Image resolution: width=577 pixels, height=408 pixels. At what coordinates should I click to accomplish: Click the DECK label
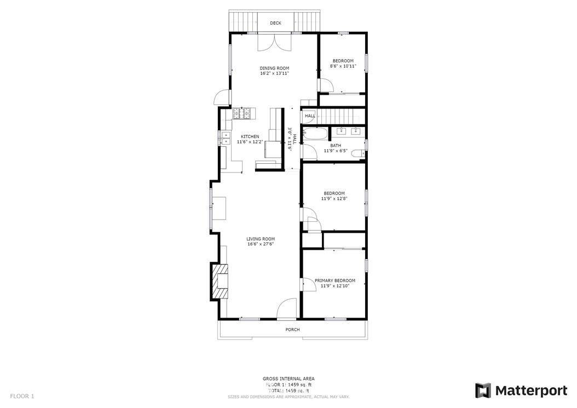[x=275, y=23]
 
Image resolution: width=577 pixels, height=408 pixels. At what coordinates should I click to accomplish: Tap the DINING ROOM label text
[x=274, y=68]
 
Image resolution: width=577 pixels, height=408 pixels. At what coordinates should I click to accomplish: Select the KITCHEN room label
[x=250, y=136]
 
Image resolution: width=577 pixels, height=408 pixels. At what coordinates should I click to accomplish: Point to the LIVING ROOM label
[x=261, y=239]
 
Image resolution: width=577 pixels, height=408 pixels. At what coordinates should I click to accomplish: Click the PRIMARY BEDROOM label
[x=335, y=280]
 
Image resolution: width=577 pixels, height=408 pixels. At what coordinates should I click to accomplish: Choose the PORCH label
[x=292, y=330]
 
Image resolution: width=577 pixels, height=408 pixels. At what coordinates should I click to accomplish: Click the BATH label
[x=336, y=146]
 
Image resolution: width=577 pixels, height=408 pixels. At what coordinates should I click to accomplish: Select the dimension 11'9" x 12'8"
[x=334, y=198]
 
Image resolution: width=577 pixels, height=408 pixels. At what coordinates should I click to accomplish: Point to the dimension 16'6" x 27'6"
[x=261, y=244]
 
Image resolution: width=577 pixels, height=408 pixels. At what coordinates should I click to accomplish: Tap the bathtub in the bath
[x=314, y=133]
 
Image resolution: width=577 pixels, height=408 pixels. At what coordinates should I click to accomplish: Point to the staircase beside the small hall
[x=337, y=116]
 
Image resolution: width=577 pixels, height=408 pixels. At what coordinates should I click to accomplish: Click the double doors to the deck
[x=274, y=42]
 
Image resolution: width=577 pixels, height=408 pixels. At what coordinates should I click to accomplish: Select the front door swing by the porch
[x=287, y=308]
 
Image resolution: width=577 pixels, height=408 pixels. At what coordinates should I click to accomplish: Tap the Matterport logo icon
[x=483, y=390]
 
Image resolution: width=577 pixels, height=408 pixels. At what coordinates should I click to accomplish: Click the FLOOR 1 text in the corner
[x=22, y=396]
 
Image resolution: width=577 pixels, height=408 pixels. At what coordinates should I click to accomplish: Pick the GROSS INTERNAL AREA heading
[x=288, y=378]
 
